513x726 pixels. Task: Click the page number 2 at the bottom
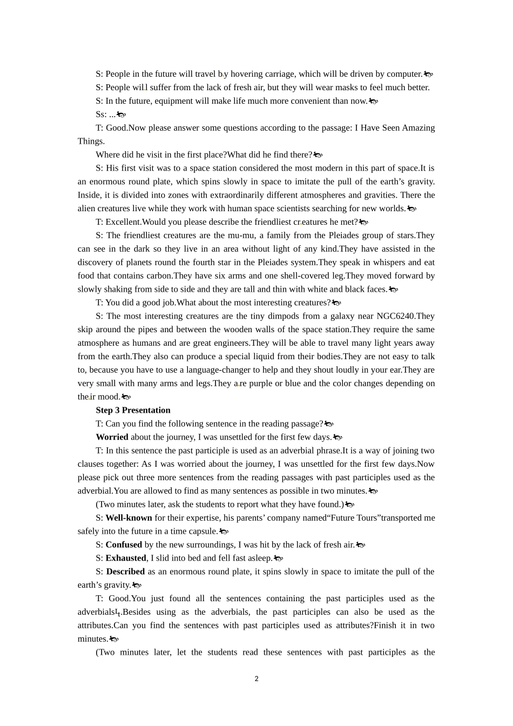pos(256,679)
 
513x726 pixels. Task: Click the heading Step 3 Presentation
pos(133,410)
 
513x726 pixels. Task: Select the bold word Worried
pos(112,437)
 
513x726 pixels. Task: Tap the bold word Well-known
pos(129,517)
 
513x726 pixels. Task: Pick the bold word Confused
pos(124,544)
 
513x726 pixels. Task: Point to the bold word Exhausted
pos(126,558)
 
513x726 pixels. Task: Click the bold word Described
pos(125,572)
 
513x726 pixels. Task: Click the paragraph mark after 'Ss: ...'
pos(122,115)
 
